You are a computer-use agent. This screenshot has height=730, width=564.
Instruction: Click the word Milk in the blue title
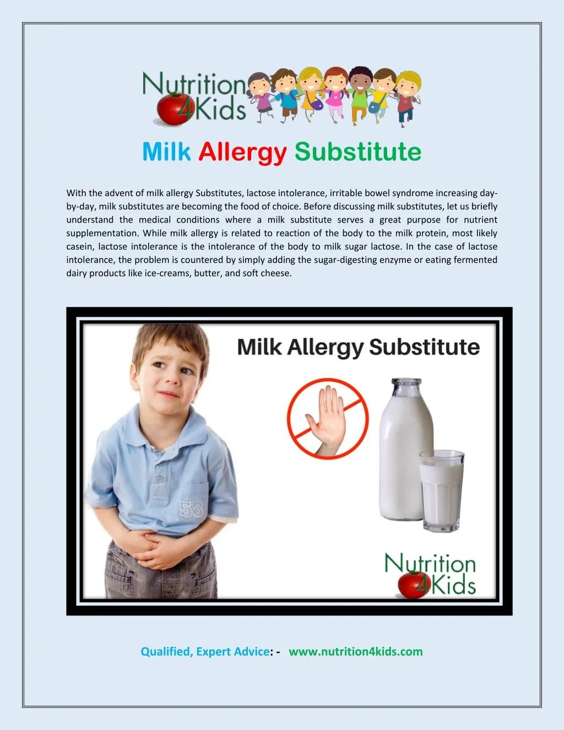point(166,152)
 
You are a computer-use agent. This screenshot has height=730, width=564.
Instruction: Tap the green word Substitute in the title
point(358,152)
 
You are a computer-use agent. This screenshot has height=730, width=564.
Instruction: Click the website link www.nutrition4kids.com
point(355,652)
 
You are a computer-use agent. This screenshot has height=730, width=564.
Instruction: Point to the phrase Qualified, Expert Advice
point(205,652)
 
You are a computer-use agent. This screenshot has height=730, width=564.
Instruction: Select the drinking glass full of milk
point(442,490)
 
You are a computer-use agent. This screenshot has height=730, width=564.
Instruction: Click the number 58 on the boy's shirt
point(191,509)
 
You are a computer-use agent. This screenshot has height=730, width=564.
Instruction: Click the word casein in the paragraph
point(80,247)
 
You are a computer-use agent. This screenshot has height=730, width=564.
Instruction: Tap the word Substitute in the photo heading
point(424,347)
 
